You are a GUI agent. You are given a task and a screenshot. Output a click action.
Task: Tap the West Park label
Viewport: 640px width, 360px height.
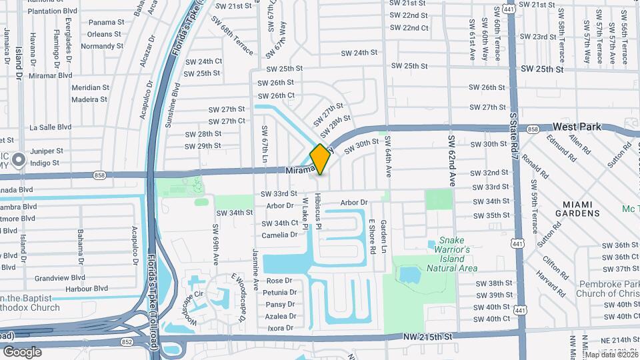tap(577, 127)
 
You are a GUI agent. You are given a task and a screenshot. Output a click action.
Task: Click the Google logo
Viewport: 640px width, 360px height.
tap(22, 352)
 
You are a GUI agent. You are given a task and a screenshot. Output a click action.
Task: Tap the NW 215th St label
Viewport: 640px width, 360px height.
tap(427, 337)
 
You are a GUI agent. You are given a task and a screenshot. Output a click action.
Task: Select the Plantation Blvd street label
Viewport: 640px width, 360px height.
tap(53, 11)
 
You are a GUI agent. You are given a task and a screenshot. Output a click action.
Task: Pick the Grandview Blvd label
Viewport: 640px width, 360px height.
tap(60, 277)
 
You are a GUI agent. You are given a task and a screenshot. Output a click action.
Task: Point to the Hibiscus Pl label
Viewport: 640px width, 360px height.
tap(319, 213)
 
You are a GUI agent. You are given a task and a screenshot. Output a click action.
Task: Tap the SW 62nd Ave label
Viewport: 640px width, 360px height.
tap(451, 161)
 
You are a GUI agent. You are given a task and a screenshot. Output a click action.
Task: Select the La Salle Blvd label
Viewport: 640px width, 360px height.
tap(50, 127)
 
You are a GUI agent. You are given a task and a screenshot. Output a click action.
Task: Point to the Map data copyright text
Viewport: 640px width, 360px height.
tap(609, 355)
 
